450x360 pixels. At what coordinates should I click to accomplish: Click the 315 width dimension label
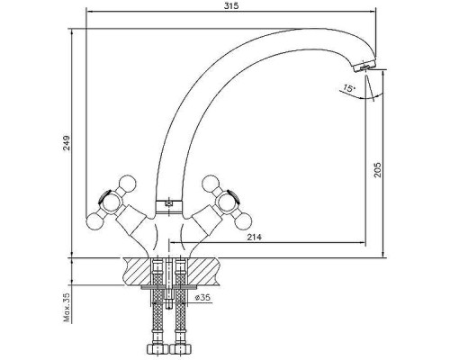coord(231,5)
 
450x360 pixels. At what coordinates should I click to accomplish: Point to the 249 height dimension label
coord(67,143)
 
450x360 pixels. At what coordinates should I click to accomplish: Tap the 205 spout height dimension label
coord(378,170)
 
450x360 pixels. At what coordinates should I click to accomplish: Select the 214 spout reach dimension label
coord(254,238)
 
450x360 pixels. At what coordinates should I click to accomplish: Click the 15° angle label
coord(349,88)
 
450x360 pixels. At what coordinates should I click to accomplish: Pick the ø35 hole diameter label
coord(202,297)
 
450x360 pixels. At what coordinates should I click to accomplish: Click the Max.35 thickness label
coord(67,308)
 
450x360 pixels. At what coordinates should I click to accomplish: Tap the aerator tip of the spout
coord(365,66)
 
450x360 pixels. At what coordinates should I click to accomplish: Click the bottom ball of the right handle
coord(244,222)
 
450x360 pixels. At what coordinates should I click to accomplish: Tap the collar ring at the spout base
coord(168,206)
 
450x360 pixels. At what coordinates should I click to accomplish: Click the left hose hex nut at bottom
coord(157,349)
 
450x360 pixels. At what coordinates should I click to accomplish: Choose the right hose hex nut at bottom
coord(180,349)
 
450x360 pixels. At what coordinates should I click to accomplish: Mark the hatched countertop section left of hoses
coord(138,271)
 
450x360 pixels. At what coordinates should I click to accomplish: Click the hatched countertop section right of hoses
coord(203,271)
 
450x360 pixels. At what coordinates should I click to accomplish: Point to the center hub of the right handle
coord(226,202)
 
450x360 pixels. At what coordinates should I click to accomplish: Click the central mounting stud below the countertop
coord(168,282)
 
